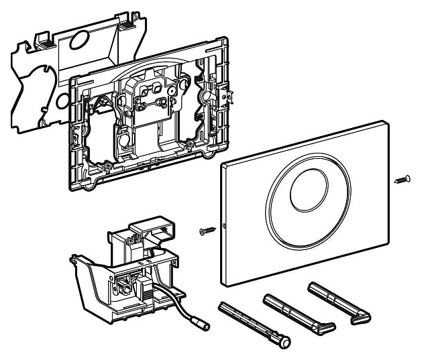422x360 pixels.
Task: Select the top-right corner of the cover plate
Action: coord(384,123)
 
